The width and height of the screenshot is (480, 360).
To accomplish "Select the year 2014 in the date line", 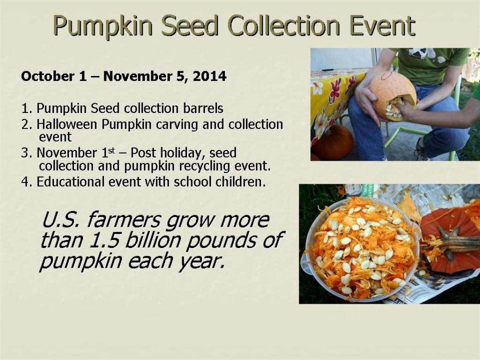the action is click(x=210, y=76).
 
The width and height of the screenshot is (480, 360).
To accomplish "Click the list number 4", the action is click(x=25, y=182).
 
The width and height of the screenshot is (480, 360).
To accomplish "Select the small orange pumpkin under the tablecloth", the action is click(x=332, y=142).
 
